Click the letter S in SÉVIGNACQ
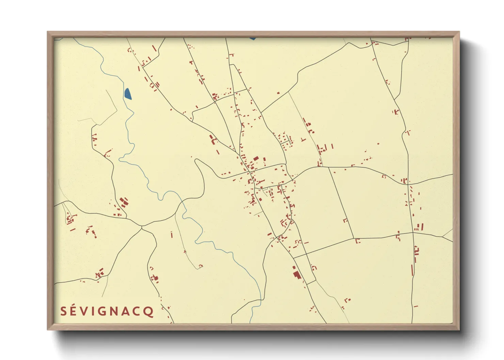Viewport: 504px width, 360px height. [64, 311]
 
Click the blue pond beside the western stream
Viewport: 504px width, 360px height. [128, 94]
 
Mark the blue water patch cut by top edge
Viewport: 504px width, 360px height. [252, 38]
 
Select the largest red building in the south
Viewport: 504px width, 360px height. [297, 274]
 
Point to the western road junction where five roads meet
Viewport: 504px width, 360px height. [142, 227]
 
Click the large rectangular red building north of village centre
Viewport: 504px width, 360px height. [256, 159]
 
